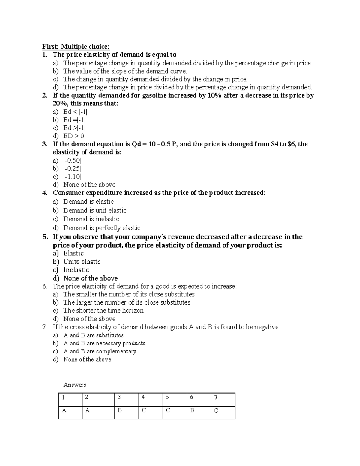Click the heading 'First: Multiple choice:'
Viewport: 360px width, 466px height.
pyautogui.click(x=76, y=47)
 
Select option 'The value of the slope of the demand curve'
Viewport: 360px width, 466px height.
pyautogui.click(x=125, y=71)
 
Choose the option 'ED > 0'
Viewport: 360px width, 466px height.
pyautogui.click(x=73, y=136)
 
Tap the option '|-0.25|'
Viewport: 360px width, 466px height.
pyautogui.click(x=72, y=168)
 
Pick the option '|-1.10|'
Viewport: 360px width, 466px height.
pyautogui.click(x=72, y=176)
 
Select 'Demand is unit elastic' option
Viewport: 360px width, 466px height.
pyautogui.click(x=94, y=210)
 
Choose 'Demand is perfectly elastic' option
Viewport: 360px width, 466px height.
pyautogui.click(x=102, y=228)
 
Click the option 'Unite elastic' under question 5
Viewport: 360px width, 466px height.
pyautogui.click(x=82, y=262)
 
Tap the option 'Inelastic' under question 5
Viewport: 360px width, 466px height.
pyautogui.click(x=76, y=270)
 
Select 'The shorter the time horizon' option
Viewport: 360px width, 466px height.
pyautogui.click(x=103, y=311)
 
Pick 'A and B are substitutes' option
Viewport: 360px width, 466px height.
pyautogui.click(x=93, y=335)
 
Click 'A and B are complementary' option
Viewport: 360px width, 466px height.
pyautogui.click(x=100, y=351)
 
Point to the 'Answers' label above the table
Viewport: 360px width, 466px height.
pyautogui.click(x=75, y=385)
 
